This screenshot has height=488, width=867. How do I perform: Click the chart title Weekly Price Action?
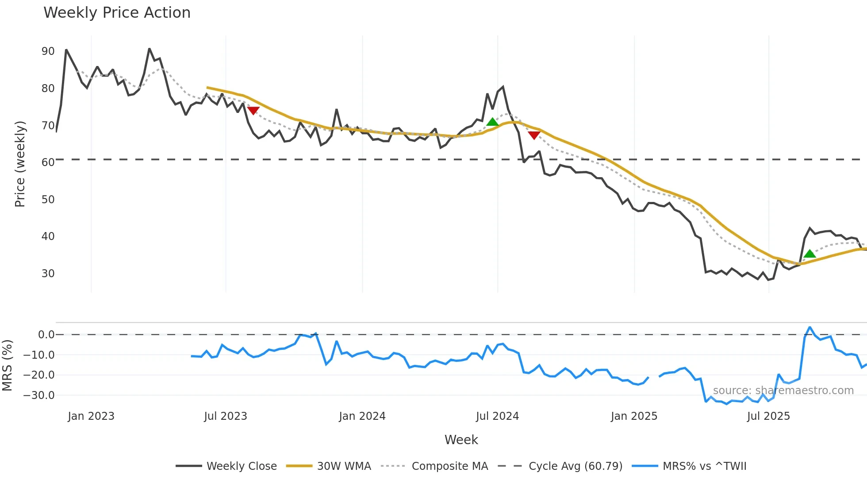pyautogui.click(x=117, y=13)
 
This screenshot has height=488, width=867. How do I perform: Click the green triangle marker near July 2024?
pyautogui.click(x=492, y=122)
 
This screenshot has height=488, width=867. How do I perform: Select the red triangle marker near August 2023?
pyautogui.click(x=253, y=110)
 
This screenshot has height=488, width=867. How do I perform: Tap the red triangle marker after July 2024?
pyautogui.click(x=534, y=135)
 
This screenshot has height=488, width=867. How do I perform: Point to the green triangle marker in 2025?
pyautogui.click(x=809, y=253)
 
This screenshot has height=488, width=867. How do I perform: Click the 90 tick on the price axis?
pyautogui.click(x=48, y=51)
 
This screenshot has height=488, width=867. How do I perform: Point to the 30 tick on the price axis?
pyautogui.click(x=48, y=274)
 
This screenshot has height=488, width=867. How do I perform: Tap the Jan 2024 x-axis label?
pyautogui.click(x=362, y=416)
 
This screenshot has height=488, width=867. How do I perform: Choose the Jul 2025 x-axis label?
pyautogui.click(x=768, y=416)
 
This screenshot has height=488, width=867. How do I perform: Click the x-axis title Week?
pyautogui.click(x=461, y=440)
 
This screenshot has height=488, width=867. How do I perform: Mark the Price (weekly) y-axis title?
pyautogui.click(x=20, y=164)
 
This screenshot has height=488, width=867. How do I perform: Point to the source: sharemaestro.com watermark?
pyautogui.click(x=783, y=391)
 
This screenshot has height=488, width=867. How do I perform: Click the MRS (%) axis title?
pyautogui.click(x=7, y=365)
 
